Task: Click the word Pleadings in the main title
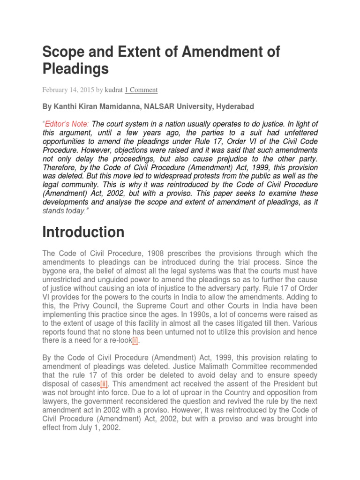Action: [75, 69]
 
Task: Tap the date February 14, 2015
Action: [68, 90]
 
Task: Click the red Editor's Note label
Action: [67, 124]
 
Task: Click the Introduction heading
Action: [83, 232]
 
